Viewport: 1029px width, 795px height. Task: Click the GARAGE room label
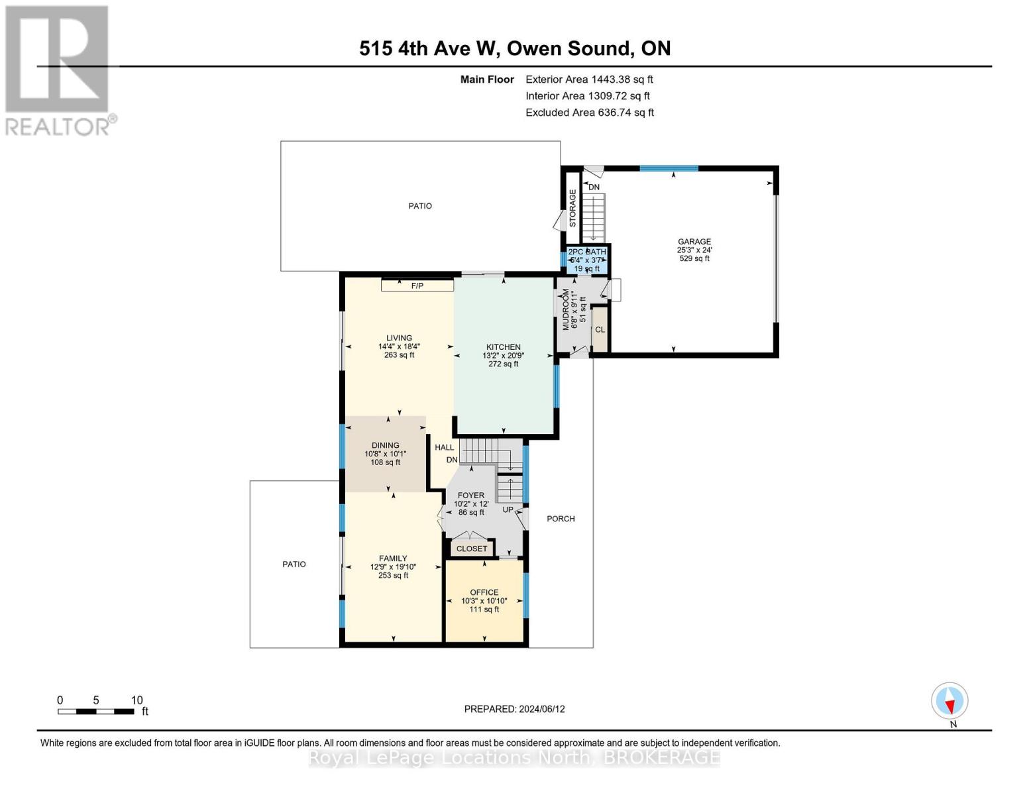pos(694,242)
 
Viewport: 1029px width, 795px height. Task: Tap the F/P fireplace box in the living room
pos(417,286)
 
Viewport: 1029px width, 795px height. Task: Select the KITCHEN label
pos(503,346)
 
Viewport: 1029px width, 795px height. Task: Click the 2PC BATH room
pos(586,260)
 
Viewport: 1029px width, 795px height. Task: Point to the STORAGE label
pos(572,208)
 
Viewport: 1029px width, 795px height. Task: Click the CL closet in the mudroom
pos(600,329)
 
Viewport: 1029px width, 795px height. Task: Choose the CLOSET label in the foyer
pos(472,549)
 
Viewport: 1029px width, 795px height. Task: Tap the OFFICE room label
pos(484,592)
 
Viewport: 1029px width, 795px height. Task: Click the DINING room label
pos(385,445)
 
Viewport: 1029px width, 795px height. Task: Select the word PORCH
pos(561,519)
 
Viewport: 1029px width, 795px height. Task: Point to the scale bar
pos(96,712)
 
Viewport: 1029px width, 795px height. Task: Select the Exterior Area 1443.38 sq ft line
pos(589,79)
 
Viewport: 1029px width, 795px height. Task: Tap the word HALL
pos(444,447)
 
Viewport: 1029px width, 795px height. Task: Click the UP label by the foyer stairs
pos(508,509)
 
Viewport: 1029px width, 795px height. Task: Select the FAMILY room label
pos(393,558)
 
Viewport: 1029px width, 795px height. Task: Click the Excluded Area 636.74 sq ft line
pos(590,113)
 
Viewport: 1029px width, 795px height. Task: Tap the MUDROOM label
pos(566,309)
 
